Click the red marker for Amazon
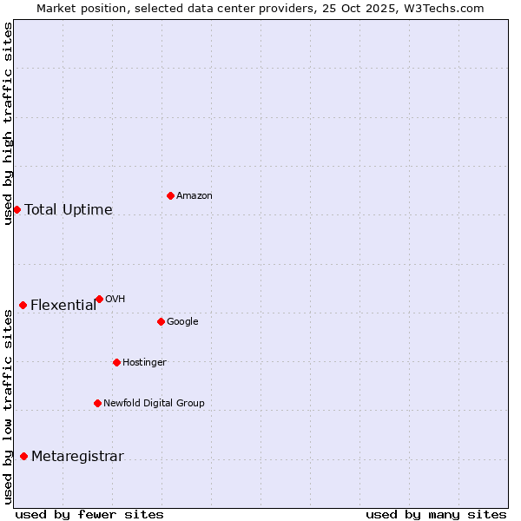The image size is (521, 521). click(170, 195)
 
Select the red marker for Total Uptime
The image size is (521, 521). click(16, 209)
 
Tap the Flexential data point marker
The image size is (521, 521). click(23, 305)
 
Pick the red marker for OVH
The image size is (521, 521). click(99, 299)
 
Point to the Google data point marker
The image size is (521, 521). click(161, 321)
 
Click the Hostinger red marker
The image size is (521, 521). click(116, 362)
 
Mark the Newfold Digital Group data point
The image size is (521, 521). click(97, 403)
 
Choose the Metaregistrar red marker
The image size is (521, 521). click(23, 457)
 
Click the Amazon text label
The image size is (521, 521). click(195, 196)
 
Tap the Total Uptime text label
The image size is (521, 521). click(69, 210)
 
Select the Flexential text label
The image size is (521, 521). click(63, 306)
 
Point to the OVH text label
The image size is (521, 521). click(115, 300)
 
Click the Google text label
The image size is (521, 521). click(182, 322)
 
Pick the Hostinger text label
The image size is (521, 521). click(144, 363)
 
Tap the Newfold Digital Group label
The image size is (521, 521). click(154, 404)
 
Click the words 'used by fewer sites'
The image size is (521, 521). click(89, 514)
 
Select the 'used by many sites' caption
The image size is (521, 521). click(436, 514)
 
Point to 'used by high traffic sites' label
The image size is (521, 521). click(9, 123)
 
